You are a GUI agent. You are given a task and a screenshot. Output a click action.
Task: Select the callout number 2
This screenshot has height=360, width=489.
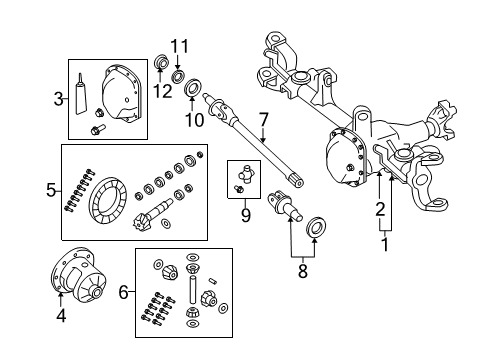(379, 210)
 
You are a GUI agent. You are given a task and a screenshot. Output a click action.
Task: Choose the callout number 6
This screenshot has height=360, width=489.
(124, 292)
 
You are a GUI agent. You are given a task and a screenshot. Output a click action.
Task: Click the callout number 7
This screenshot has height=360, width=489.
(263, 121)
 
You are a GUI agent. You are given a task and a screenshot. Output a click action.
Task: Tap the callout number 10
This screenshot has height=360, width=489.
(197, 120)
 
